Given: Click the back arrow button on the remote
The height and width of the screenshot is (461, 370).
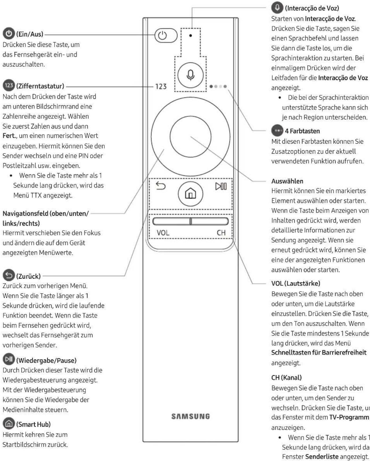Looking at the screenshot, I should [161, 186].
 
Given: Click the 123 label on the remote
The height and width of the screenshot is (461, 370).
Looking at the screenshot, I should [161, 86].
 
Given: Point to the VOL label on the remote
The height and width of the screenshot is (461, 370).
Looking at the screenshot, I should [163, 233].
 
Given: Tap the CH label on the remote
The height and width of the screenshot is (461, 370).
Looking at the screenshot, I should [221, 233].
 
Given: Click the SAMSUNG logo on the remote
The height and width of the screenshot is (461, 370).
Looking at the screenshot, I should [190, 416].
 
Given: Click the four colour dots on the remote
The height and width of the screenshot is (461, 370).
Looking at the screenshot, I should [218, 86].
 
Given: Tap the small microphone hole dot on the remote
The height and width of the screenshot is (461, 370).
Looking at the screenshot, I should [191, 36].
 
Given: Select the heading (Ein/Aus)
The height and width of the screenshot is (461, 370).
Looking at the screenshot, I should [29, 34].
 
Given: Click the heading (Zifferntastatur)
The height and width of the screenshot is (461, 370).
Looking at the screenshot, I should [40, 86].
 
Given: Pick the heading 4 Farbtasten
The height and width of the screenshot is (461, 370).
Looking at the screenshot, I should [302, 131].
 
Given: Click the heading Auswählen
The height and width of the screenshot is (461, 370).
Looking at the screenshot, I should [287, 181].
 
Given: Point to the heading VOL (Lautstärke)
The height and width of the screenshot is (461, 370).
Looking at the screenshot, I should [296, 283].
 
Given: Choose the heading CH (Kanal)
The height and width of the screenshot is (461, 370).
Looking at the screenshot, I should [286, 377].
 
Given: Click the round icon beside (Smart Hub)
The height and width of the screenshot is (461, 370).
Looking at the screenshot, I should [9, 424].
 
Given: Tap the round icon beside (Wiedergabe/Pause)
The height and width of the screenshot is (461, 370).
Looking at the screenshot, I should [9, 360].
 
